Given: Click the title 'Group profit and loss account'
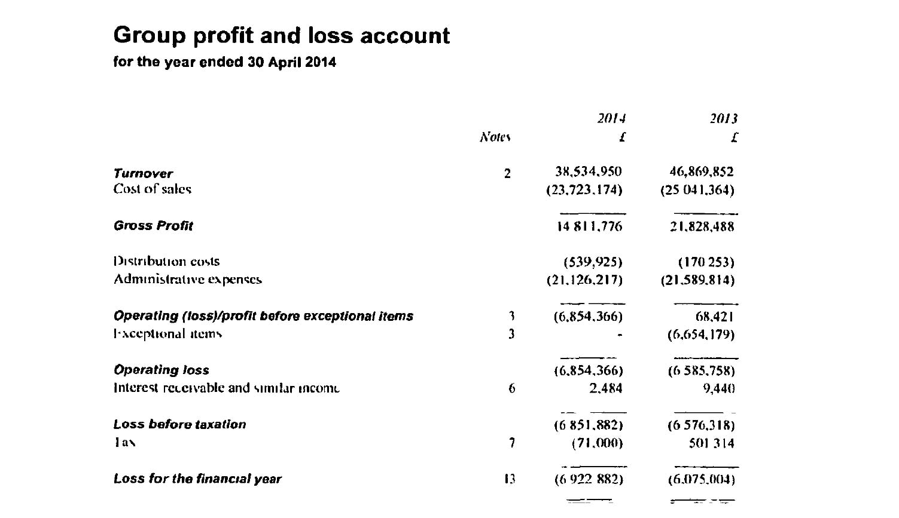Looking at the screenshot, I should click(x=281, y=36).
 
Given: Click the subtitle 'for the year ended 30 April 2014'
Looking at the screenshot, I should click(x=224, y=62).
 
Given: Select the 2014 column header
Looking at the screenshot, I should click(x=611, y=118).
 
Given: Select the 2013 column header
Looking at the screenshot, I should click(x=724, y=118).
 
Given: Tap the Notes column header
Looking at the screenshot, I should click(x=495, y=137).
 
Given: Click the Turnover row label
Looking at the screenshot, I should click(x=143, y=174).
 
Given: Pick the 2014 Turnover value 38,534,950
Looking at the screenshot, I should click(x=589, y=172).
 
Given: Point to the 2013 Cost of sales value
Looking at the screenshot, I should click(x=697, y=190).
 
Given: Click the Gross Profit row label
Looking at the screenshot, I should click(x=153, y=226).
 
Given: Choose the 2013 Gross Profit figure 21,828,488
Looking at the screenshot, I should click(x=702, y=226).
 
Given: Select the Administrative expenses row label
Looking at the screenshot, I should click(x=188, y=280).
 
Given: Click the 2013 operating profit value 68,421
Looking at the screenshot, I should click(x=715, y=317).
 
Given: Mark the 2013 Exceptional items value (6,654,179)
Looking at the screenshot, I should click(x=701, y=335).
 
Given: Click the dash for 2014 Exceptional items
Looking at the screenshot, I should click(x=620, y=335).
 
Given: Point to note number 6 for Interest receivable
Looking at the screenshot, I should click(x=511, y=389).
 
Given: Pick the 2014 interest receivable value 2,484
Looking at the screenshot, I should click(x=605, y=388).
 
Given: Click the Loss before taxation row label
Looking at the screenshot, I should click(x=179, y=425).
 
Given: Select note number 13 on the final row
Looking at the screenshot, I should click(x=510, y=479).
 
